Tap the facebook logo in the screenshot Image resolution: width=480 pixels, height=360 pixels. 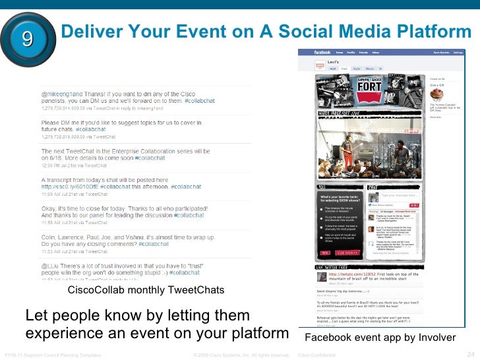pyautogui.click(x=314, y=51)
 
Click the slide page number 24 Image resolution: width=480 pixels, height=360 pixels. pyautogui.click(x=471, y=354)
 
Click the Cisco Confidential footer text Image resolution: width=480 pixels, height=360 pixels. pyautogui.click(x=317, y=355)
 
